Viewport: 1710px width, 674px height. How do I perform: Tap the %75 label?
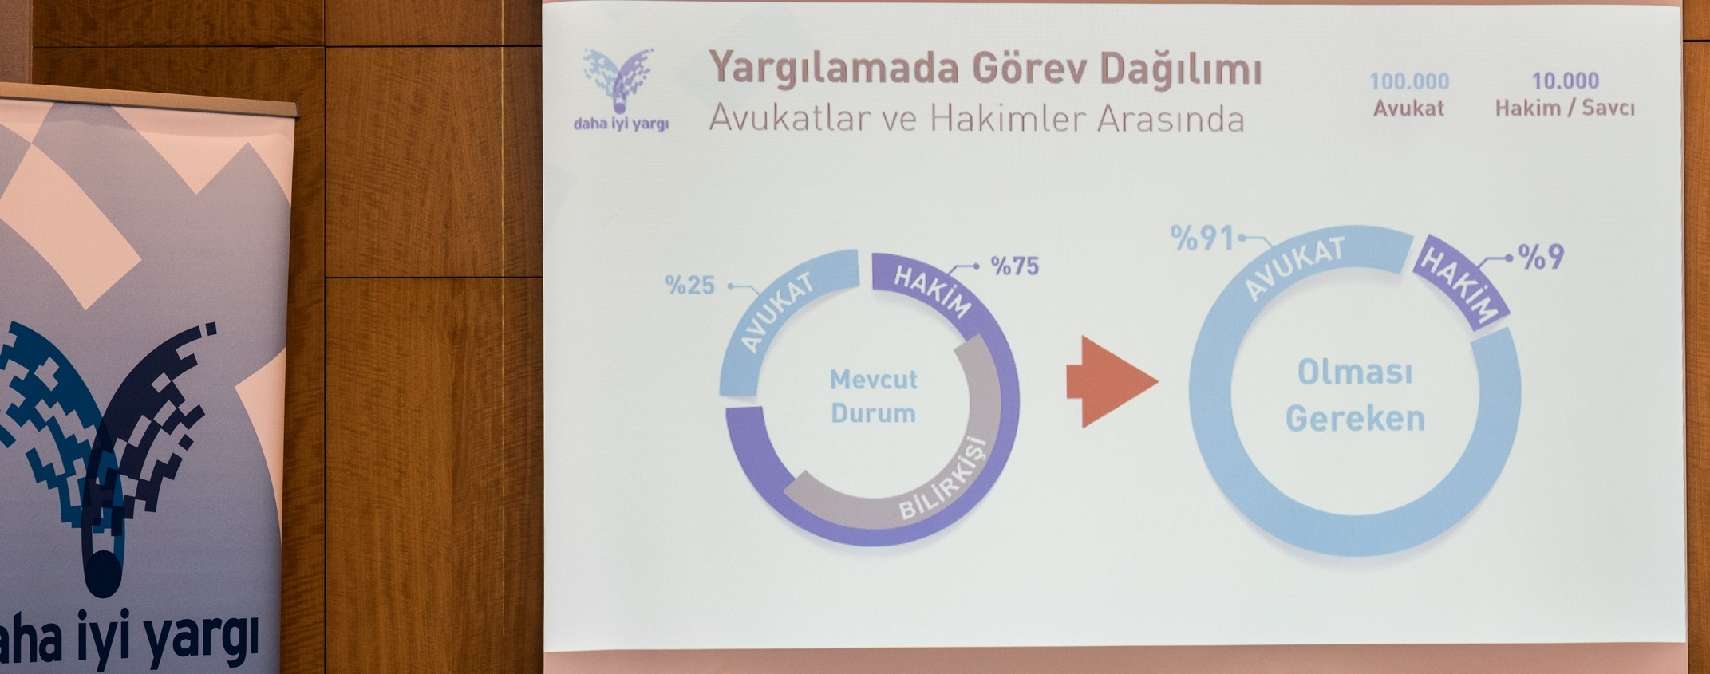pos(1014,266)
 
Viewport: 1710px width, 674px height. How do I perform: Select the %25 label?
pos(690,285)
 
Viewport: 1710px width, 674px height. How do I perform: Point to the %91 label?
pos(1203,238)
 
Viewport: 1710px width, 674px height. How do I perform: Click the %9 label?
pos(1540,257)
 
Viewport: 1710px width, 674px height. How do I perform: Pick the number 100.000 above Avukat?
pos(1409,81)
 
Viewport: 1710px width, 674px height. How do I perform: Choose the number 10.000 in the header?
pos(1565,81)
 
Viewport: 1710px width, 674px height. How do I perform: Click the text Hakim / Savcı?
pos(1565,108)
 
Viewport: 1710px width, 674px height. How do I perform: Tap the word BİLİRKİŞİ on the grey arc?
pos(943,479)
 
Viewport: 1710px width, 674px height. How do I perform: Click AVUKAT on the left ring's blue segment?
pos(777,312)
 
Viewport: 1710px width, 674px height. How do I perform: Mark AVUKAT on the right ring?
pos(1294,268)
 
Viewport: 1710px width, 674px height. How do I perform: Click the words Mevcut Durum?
pos(874,396)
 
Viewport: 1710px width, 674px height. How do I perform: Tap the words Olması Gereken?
pos(1355,395)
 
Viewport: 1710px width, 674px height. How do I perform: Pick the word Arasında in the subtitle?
pos(1171,119)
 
